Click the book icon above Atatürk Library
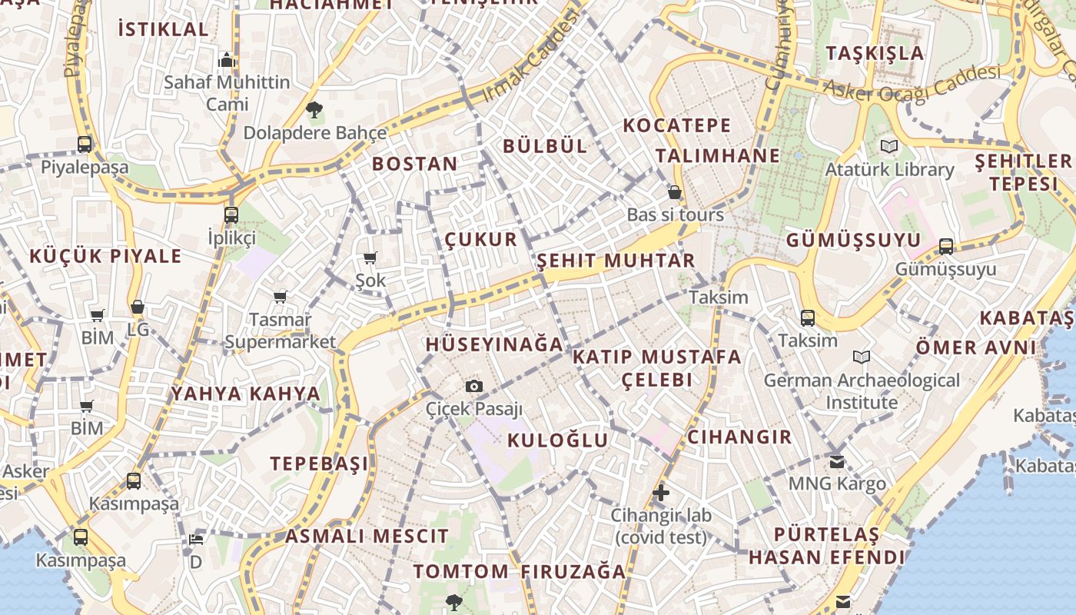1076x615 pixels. [889, 146]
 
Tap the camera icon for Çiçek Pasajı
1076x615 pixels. [474, 386]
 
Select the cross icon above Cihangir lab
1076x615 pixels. [661, 492]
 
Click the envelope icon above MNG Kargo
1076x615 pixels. [837, 461]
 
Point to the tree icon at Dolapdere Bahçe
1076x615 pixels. [314, 110]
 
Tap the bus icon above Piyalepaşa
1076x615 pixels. [85, 144]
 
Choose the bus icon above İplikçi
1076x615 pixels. [231, 214]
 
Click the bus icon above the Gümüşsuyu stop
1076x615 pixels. [946, 246]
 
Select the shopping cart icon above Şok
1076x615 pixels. [370, 258]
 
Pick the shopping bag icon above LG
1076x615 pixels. [138, 307]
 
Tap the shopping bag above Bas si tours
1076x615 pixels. [675, 192]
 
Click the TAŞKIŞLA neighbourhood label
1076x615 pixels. [875, 53]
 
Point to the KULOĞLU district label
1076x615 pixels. [558, 440]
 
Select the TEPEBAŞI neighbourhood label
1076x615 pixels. [319, 464]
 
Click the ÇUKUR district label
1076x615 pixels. [481, 240]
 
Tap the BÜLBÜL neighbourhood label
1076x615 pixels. [545, 146]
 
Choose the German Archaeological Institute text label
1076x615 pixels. [862, 391]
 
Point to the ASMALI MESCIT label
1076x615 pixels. [367, 537]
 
